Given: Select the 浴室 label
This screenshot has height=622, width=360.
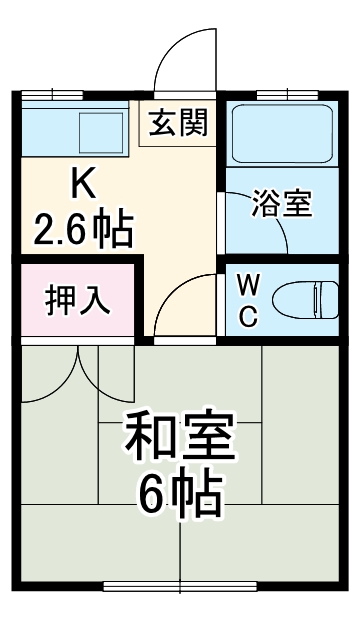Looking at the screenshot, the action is [283, 204].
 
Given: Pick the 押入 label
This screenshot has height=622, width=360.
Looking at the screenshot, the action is [77, 300].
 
